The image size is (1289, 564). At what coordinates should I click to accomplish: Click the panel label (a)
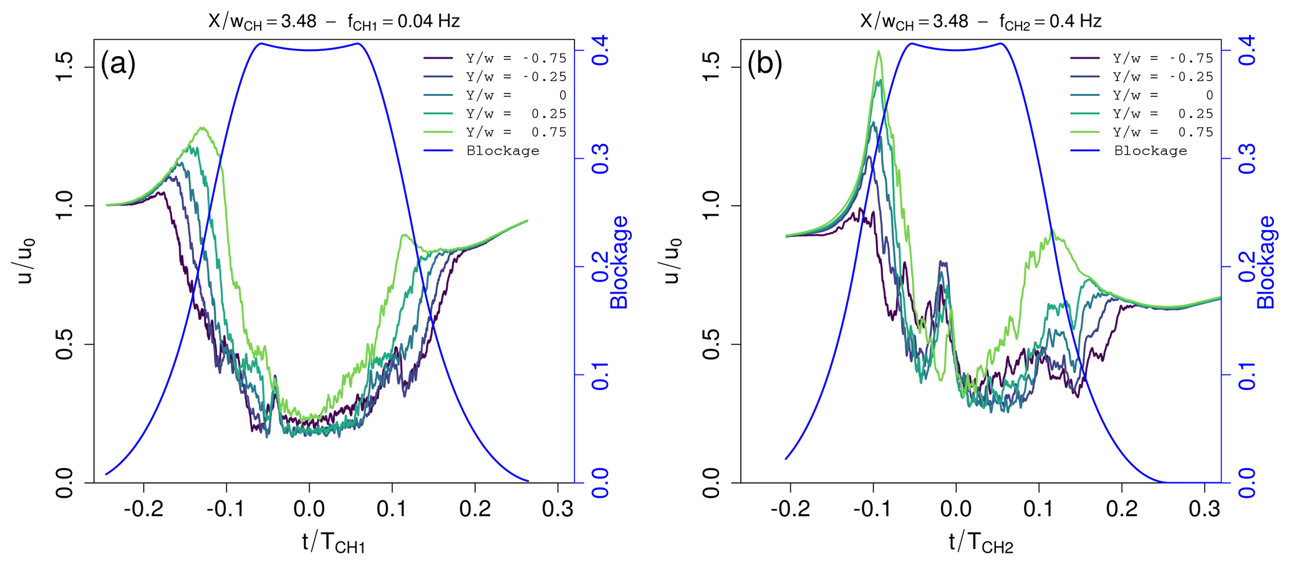[118, 64]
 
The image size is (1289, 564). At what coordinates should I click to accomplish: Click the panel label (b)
[765, 64]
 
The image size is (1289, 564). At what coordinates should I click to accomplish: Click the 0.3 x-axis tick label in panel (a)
[558, 509]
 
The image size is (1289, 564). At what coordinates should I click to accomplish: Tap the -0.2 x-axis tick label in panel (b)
[790, 509]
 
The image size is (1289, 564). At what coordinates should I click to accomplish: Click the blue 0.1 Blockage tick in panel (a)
[601, 375]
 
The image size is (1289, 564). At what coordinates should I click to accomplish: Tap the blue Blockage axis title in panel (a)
[619, 262]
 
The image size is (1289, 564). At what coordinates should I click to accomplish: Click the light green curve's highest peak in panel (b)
[879, 52]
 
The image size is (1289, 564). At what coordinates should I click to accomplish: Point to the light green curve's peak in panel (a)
[202, 128]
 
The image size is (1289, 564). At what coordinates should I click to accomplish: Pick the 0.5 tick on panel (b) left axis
[712, 344]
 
